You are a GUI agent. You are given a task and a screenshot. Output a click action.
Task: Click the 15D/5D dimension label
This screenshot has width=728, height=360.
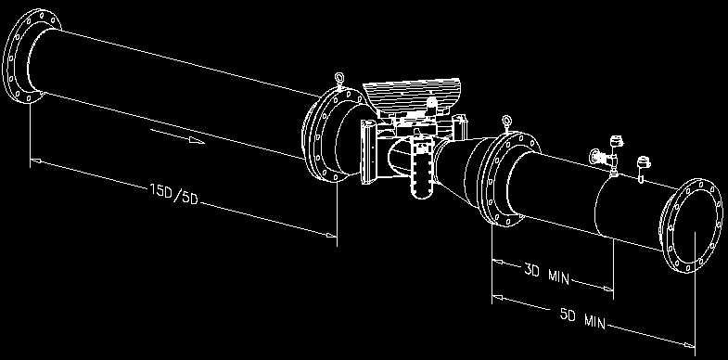[x=174, y=195]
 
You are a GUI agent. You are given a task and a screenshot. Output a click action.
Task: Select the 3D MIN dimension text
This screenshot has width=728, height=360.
[x=547, y=274]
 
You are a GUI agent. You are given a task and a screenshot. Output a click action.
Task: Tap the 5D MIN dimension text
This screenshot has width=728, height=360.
[x=582, y=318]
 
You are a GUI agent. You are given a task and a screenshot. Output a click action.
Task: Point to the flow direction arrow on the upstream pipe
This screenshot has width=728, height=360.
[x=177, y=136]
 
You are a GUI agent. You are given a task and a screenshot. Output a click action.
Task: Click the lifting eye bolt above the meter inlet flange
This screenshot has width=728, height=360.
[x=339, y=80]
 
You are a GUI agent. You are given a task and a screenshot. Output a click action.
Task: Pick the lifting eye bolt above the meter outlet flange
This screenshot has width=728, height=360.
[x=506, y=123]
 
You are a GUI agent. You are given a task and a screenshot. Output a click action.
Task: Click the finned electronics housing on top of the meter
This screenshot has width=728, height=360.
[x=411, y=96]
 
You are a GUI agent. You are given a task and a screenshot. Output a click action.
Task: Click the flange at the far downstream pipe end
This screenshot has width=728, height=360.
[x=691, y=225]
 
